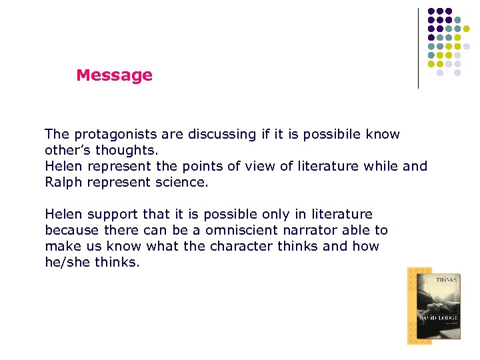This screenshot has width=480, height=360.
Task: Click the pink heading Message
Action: coord(114,75)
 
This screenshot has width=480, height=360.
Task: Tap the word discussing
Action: coord(214,135)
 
